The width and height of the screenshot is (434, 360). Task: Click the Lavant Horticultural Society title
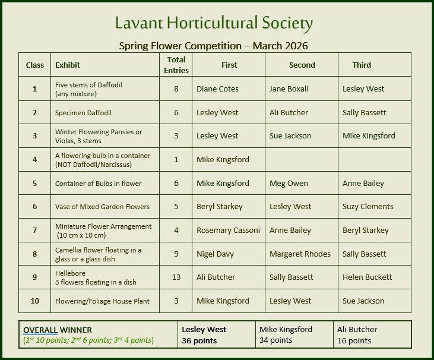214,24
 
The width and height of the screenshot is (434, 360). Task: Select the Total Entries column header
176,65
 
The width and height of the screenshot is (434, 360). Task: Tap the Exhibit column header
68,65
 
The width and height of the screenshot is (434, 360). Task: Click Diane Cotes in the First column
217,89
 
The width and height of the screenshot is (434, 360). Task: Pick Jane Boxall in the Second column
289,89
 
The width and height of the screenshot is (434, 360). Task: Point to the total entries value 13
176,277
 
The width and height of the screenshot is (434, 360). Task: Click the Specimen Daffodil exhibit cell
83,113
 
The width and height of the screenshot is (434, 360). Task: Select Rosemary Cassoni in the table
228,230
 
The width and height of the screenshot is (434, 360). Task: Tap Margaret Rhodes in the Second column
300,254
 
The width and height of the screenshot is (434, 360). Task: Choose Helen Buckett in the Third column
367,277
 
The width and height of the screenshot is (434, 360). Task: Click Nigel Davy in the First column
216,254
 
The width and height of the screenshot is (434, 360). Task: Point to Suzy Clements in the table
368,207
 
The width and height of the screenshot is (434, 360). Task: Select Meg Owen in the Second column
289,184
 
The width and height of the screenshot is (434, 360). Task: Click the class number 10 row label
35,301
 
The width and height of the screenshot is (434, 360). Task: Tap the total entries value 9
176,254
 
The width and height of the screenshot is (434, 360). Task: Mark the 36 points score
199,341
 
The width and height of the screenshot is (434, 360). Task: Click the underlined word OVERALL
40,330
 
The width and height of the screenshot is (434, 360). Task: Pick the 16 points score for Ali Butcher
354,341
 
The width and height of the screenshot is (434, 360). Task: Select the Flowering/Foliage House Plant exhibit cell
102,301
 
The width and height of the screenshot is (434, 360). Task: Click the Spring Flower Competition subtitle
214,46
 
